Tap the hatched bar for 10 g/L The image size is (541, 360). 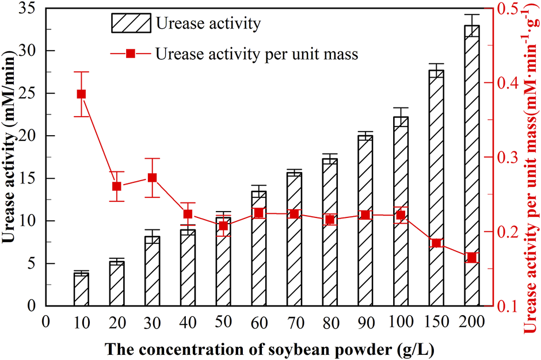point(81,290)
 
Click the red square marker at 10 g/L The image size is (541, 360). point(81,94)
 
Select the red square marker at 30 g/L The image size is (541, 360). point(153,178)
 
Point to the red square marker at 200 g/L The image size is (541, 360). point(471,258)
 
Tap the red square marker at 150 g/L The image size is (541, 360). point(436,243)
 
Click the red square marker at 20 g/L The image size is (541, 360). point(117,186)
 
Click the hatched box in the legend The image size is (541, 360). point(131,24)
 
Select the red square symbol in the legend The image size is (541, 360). point(130,53)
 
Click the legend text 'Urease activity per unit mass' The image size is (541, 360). point(257,54)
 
